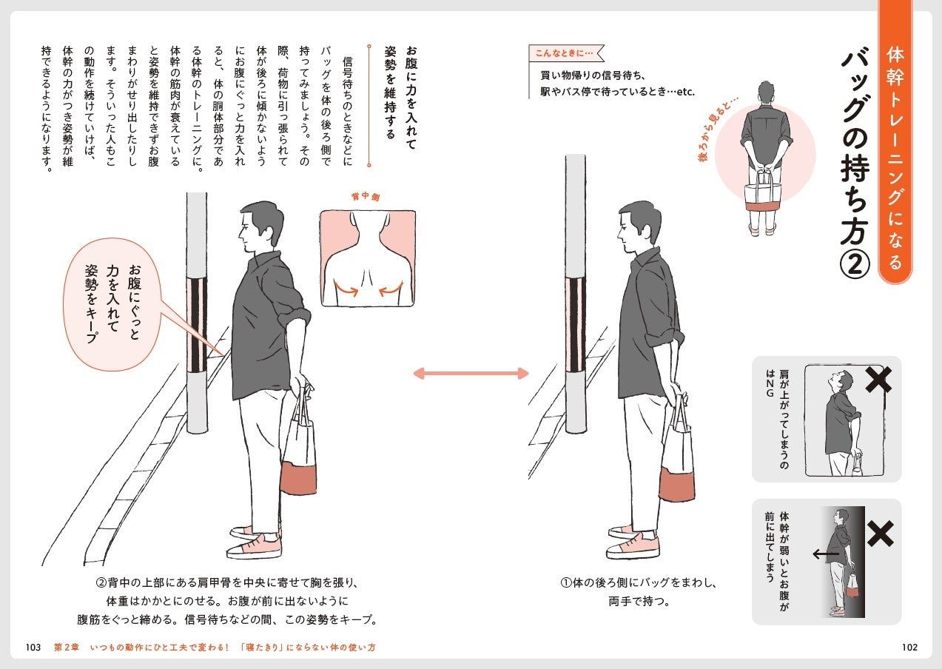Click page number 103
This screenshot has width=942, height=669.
[33, 647]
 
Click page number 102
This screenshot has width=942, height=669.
[909, 647]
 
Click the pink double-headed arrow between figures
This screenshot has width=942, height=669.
[471, 374]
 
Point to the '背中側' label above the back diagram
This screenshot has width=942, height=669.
[366, 196]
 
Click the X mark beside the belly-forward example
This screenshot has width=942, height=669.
[880, 534]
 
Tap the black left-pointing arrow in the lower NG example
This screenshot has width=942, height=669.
[826, 554]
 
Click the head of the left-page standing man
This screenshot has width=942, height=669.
[260, 225]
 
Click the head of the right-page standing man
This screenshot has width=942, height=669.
[638, 226]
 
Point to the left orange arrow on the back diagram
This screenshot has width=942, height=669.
[346, 289]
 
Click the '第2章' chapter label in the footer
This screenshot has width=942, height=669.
[66, 647]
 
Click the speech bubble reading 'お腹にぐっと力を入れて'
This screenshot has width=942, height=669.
[112, 304]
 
